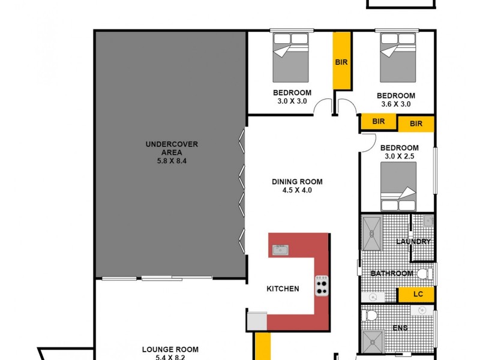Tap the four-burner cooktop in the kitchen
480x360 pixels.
(322, 285)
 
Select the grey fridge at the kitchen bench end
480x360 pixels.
(256, 320)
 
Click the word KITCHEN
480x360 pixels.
(283, 289)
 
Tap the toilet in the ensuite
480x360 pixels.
(371, 315)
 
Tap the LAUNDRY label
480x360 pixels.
(413, 242)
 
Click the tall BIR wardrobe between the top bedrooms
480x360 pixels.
(342, 61)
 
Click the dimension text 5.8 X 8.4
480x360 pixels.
(172, 160)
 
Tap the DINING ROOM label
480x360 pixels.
(297, 182)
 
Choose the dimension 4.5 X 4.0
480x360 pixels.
(297, 190)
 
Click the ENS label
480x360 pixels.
(399, 328)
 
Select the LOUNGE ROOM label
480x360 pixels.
(170, 349)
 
